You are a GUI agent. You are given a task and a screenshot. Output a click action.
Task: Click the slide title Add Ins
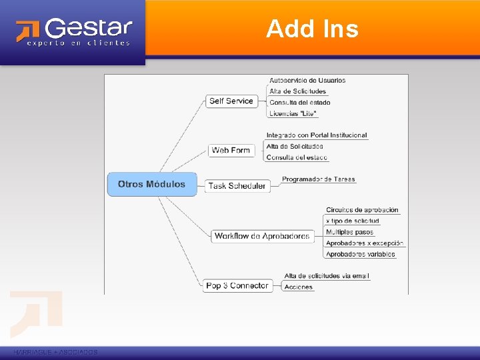click(x=312, y=29)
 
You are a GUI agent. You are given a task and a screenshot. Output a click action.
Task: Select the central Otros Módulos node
click(x=152, y=184)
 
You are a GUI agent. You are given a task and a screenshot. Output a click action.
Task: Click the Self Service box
click(x=231, y=101)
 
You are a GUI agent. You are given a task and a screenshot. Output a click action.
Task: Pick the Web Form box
click(x=231, y=150)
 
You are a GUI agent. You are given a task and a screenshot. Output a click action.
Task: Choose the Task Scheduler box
click(x=237, y=186)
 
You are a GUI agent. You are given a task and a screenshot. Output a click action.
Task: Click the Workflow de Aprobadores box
click(x=262, y=236)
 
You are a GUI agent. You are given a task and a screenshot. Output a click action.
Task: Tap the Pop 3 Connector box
click(x=237, y=285)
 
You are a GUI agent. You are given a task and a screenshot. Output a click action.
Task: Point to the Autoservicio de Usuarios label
click(x=307, y=81)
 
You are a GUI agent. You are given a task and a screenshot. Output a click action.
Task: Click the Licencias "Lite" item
click(x=293, y=113)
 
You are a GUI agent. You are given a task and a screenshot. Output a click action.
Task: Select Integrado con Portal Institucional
click(x=317, y=135)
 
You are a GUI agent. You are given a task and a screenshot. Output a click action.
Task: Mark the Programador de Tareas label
click(x=319, y=179)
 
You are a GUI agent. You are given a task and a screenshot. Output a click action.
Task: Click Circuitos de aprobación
click(x=362, y=210)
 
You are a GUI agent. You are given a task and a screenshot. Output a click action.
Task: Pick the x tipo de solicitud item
click(x=352, y=221)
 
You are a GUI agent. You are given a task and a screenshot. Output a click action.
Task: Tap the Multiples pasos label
click(x=349, y=232)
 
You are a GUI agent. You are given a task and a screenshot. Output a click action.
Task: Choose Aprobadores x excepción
click(x=365, y=243)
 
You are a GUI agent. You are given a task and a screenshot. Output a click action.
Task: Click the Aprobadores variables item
click(x=360, y=254)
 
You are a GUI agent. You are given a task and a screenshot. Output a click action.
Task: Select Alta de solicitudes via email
click(x=327, y=276)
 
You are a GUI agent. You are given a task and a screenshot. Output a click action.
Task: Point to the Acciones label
click(x=298, y=287)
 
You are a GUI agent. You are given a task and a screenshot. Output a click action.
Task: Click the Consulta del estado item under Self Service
click(x=299, y=103)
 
